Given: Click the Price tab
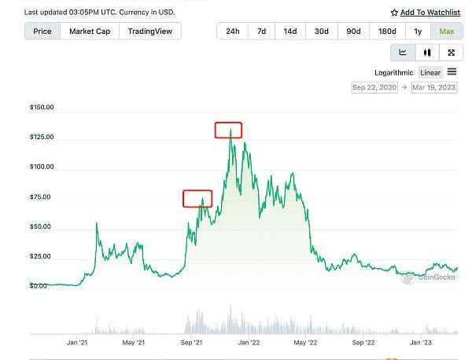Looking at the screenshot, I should pyautogui.click(x=42, y=31).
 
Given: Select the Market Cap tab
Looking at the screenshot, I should pyautogui.click(x=90, y=31).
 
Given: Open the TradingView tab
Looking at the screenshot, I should pyautogui.click(x=150, y=31).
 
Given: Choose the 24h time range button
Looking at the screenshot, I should pyautogui.click(x=233, y=31).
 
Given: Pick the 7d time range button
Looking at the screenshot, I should pyautogui.click(x=261, y=31).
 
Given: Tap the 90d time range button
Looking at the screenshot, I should pyautogui.click(x=353, y=31).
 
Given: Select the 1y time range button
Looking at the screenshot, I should pyautogui.click(x=418, y=31).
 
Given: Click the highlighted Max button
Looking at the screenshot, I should pyautogui.click(x=447, y=31).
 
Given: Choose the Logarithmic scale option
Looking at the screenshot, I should pyautogui.click(x=393, y=72).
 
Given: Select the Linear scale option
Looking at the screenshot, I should pyautogui.click(x=430, y=72).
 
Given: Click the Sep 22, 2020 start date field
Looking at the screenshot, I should pyautogui.click(x=374, y=87).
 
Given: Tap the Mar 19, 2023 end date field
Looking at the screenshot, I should pyautogui.click(x=434, y=87).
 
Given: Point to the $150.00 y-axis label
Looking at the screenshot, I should pyautogui.click(x=41, y=107).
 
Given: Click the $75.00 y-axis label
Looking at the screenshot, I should pyautogui.click(x=39, y=197).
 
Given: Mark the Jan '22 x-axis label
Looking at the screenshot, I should pyautogui.click(x=249, y=342).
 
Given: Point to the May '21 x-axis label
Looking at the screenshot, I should pyautogui.click(x=134, y=342).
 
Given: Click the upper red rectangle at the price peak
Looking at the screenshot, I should pyautogui.click(x=228, y=130).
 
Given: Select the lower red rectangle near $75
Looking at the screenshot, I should pyautogui.click(x=197, y=198).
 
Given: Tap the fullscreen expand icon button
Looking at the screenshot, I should pyautogui.click(x=451, y=53).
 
